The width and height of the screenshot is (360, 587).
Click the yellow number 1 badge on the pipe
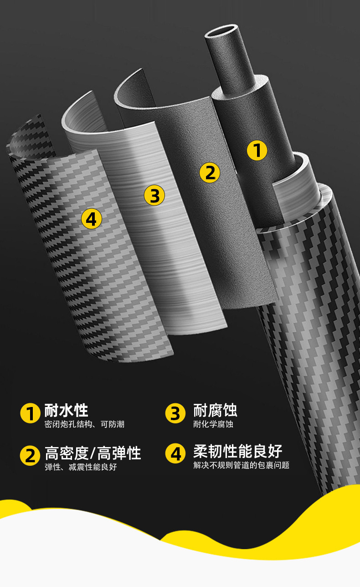click(257, 150)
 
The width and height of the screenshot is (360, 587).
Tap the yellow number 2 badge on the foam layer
click(210, 173)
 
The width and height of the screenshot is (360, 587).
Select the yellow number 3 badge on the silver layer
click(154, 195)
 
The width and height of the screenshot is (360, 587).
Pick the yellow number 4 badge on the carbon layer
click(91, 219)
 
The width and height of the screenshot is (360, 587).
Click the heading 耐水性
click(66, 411)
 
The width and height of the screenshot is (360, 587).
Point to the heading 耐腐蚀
click(215, 411)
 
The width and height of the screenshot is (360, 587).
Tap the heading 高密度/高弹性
click(93, 453)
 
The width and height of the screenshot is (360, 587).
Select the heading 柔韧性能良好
click(237, 451)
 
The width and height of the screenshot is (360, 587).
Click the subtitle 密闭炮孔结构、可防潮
click(84, 424)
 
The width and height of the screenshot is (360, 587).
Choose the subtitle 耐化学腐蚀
click(213, 424)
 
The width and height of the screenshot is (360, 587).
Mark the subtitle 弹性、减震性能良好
click(81, 467)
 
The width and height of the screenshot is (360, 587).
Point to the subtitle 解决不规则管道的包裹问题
click(241, 465)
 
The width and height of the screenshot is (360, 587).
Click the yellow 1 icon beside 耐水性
click(30, 413)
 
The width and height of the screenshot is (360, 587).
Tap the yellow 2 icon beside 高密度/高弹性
click(30, 456)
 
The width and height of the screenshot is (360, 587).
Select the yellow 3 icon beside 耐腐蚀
click(175, 413)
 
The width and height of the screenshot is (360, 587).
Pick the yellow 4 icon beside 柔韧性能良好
click(175, 454)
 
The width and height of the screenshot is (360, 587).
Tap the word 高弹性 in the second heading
click(119, 453)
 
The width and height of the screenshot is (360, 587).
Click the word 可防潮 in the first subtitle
click(113, 424)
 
